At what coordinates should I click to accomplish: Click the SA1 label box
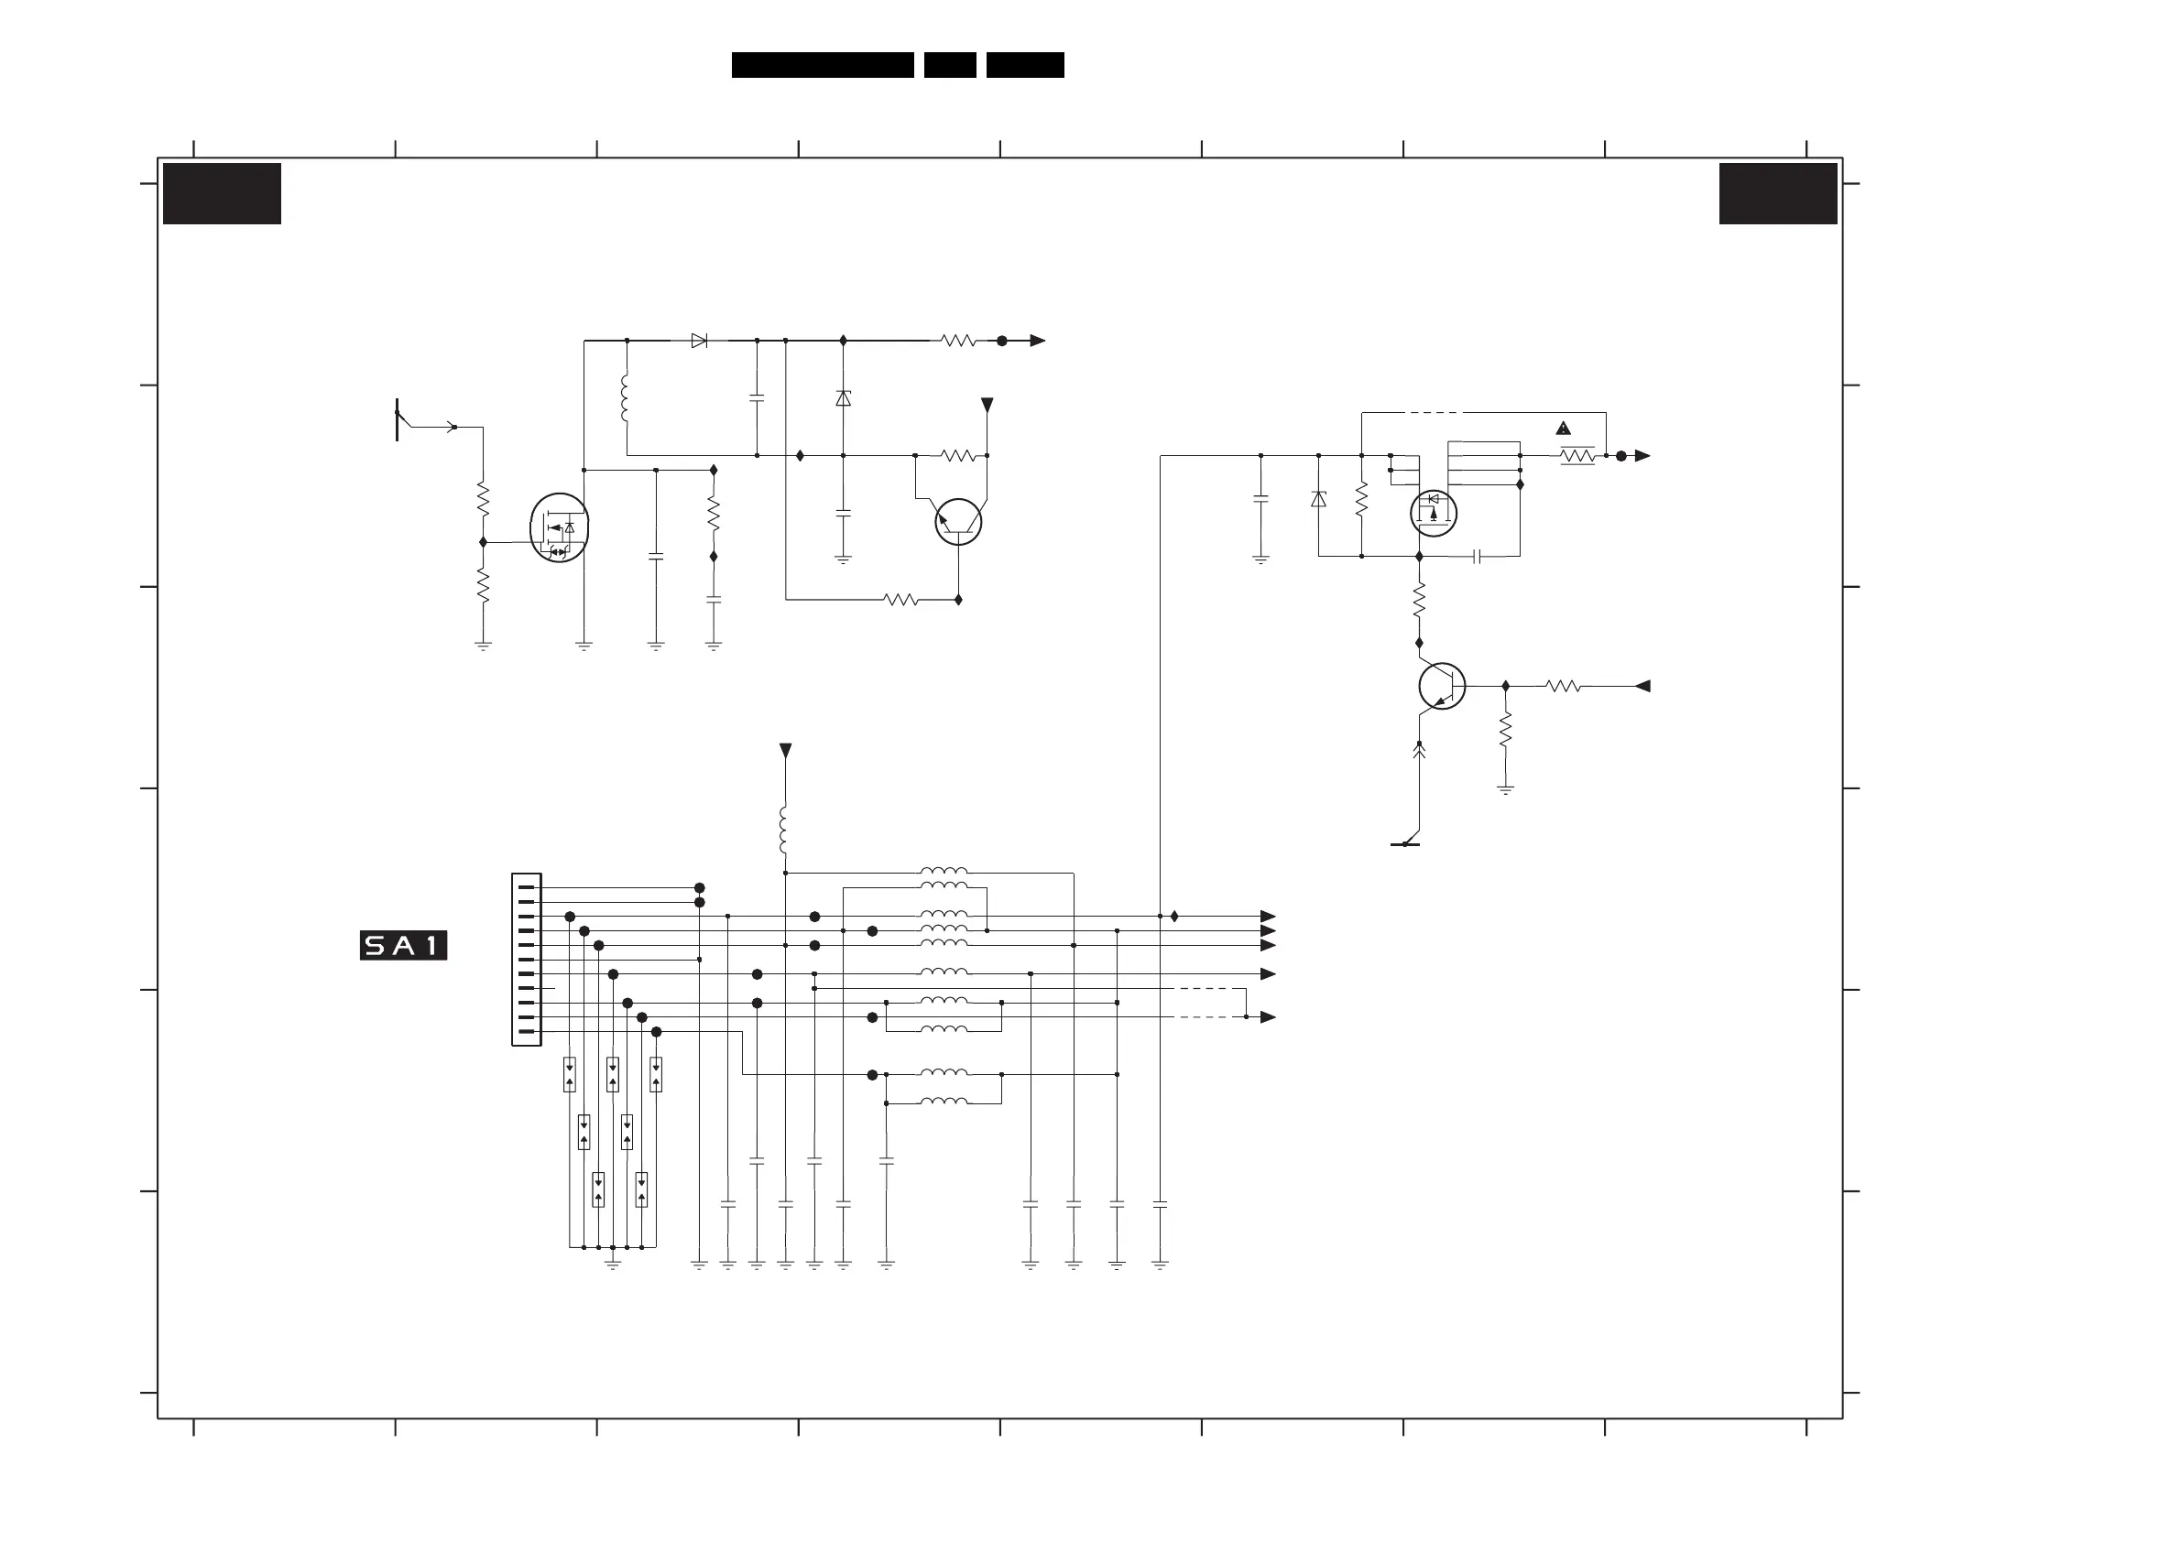403,945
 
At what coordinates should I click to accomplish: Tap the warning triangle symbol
1564,429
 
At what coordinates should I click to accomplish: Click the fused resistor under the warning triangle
1577,456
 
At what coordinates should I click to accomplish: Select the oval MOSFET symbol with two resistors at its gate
559,527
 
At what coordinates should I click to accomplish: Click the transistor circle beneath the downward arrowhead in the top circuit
958,522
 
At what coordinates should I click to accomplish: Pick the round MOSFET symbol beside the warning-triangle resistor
1433,513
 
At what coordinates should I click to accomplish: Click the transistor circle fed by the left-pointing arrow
1442,686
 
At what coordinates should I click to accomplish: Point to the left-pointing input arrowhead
1642,686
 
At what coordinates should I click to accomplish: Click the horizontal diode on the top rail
700,340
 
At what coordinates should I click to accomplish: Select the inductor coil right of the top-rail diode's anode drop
625,397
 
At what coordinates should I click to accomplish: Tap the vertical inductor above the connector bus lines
784,831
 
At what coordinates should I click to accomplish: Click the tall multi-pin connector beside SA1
527,960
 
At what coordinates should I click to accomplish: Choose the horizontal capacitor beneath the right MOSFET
1477,556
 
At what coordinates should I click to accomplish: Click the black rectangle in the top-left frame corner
222,194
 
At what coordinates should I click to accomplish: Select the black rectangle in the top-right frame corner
1777,194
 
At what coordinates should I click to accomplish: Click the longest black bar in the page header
822,65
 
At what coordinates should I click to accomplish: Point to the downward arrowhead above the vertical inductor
785,751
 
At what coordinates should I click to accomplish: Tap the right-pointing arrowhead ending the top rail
1037,340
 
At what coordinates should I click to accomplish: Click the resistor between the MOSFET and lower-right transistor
1419,600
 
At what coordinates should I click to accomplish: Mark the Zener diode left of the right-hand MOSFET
1318,499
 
